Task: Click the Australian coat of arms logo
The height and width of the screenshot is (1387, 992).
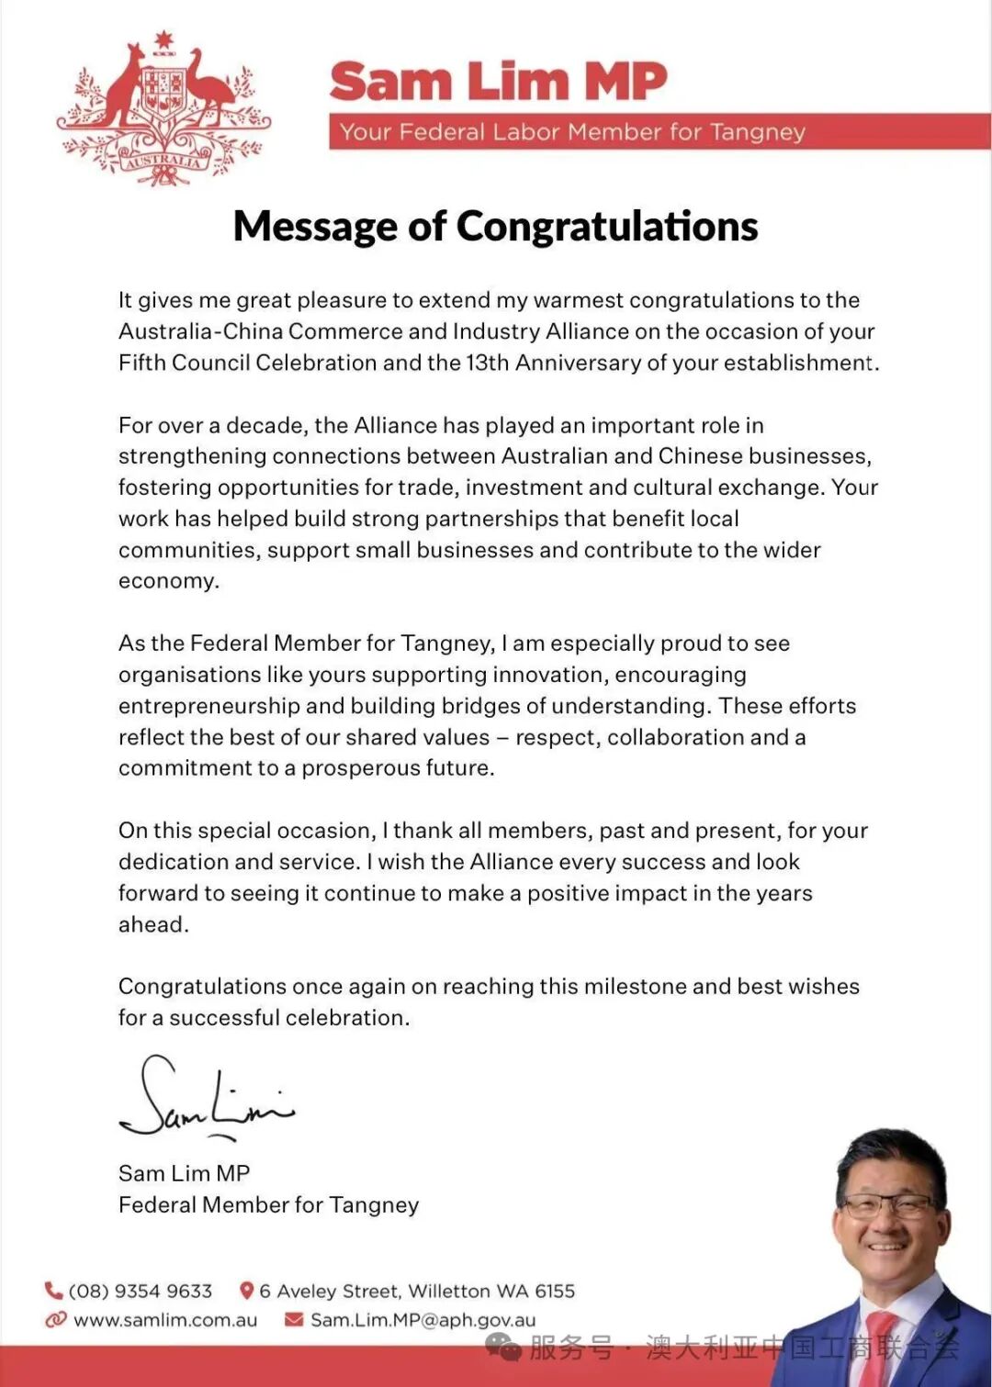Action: [163, 108]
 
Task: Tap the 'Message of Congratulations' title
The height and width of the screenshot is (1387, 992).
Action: [495, 226]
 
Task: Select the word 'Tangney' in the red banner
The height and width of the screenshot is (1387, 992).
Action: [757, 132]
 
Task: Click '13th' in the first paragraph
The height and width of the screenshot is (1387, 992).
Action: [487, 363]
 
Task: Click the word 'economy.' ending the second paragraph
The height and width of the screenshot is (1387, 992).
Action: [169, 581]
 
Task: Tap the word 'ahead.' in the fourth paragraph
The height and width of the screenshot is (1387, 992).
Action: [153, 924]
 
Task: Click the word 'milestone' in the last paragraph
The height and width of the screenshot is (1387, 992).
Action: [627, 987]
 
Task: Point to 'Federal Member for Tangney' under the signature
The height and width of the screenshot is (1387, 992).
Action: [268, 1205]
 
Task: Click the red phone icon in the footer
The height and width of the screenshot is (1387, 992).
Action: [54, 1291]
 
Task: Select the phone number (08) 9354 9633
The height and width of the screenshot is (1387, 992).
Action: [141, 1291]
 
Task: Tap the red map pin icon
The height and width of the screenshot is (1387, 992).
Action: [246, 1291]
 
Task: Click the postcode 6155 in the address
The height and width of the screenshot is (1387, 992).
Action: [555, 1291]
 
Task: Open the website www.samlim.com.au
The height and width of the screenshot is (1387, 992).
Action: [165, 1320]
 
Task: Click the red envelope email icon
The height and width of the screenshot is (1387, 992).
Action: [294, 1320]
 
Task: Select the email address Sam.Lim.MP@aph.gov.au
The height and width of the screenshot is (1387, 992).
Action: [423, 1320]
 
